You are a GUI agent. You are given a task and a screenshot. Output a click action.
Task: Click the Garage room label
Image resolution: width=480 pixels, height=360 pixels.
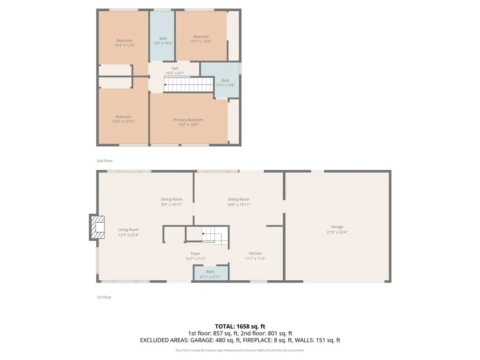tap(337, 227)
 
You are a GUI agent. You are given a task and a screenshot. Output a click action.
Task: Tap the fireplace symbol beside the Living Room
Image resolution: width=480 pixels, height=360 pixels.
tap(98, 227)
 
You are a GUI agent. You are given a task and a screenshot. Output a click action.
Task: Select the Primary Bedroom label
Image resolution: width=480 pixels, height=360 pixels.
tap(188, 120)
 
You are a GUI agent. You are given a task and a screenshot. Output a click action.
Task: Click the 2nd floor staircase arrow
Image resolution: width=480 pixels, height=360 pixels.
tap(166, 85)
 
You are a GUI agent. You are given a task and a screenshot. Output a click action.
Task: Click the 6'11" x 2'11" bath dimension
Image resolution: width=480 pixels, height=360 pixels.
tap(210, 277)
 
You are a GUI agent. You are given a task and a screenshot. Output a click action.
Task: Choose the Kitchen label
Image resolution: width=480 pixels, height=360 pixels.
tap(255, 254)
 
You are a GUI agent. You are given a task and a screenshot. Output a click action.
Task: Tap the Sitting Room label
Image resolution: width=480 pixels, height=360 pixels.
tap(239, 199)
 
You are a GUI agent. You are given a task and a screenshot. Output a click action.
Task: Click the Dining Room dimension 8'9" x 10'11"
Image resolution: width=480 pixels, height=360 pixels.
tap(172, 204)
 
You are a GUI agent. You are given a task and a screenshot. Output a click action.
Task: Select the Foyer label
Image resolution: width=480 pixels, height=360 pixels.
tap(196, 254)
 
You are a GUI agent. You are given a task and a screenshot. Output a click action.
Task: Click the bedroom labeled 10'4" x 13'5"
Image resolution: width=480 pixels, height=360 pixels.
tap(124, 43)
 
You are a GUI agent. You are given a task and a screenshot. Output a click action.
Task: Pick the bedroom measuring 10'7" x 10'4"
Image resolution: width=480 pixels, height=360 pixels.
tap(201, 39)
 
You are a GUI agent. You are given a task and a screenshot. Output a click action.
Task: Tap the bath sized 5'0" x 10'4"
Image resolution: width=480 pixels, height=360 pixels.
tap(163, 41)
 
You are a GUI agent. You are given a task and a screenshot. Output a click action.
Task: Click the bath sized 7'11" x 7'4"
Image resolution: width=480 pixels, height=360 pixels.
tap(225, 83)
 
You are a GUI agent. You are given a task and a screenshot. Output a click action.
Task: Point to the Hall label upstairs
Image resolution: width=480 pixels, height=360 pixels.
tap(174, 68)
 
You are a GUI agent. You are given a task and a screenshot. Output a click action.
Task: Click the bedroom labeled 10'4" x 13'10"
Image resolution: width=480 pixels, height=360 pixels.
tap(124, 119)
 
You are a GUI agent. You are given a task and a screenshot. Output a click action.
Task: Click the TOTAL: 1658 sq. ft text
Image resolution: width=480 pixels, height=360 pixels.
tap(240, 326)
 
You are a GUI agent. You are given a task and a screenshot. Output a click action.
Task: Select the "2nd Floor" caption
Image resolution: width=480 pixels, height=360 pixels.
tap(105, 161)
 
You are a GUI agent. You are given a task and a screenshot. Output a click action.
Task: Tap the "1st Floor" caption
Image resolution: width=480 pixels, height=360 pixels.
tap(104, 297)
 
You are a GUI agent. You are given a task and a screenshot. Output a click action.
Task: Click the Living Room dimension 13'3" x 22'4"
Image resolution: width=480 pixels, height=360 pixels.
tap(128, 235)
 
